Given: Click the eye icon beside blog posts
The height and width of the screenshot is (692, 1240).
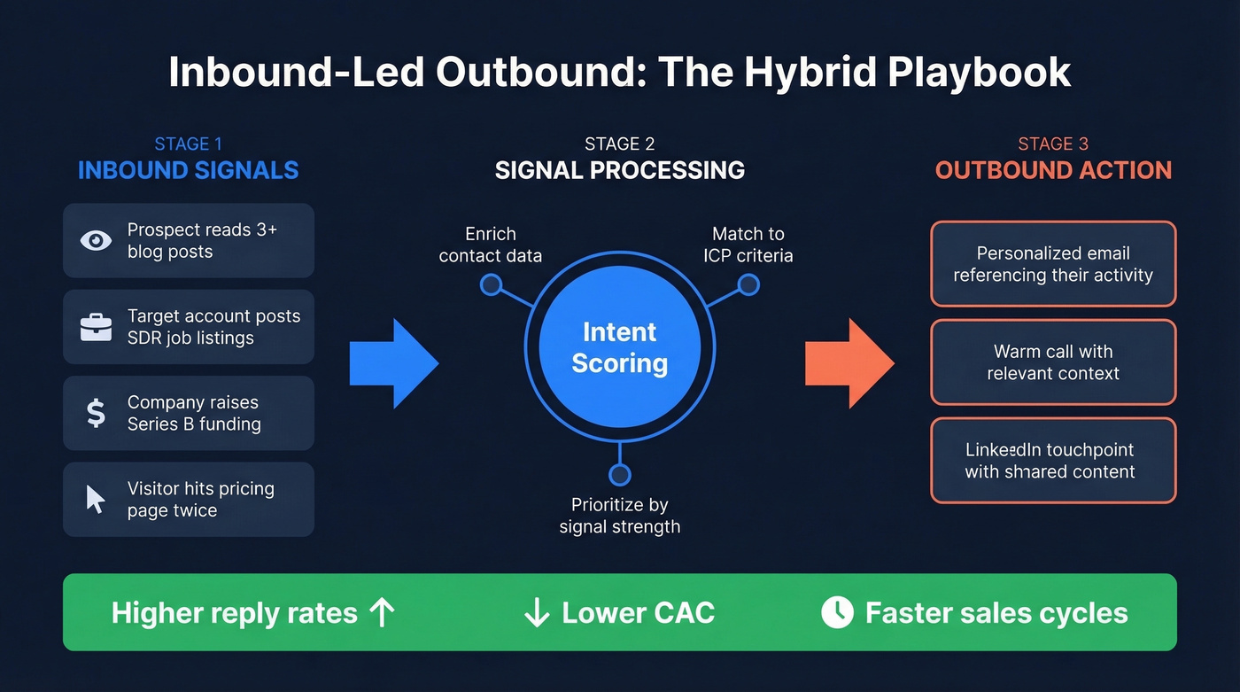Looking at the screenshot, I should pyautogui.click(x=96, y=240).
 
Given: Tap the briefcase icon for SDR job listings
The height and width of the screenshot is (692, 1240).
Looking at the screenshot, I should pyautogui.click(x=96, y=327).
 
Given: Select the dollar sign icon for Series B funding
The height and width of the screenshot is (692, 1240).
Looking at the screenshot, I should pyautogui.click(x=96, y=413).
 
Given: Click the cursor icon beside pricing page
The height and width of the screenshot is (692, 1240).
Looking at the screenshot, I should pyautogui.click(x=96, y=499).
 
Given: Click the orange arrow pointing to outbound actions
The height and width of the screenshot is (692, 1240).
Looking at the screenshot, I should pyautogui.click(x=849, y=363).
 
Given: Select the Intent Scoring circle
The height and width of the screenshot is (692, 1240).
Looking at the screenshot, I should pyautogui.click(x=619, y=347).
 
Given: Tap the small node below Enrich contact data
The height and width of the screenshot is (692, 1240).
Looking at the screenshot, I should pyautogui.click(x=491, y=284).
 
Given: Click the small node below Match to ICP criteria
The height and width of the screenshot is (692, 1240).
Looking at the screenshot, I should pyautogui.click(x=748, y=284).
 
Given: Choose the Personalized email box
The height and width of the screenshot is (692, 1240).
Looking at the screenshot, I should pyautogui.click(x=1053, y=264).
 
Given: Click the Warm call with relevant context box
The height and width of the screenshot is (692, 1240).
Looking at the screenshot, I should pyautogui.click(x=1053, y=362).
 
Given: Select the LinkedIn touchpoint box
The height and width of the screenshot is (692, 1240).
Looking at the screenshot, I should pyautogui.click(x=1053, y=461).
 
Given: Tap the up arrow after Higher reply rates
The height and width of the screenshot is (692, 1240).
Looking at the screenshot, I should pyautogui.click(x=382, y=612).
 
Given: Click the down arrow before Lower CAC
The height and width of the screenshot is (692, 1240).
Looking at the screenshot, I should pyautogui.click(x=537, y=612).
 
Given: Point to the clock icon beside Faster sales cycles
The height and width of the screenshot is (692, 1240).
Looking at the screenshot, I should pyautogui.click(x=837, y=612).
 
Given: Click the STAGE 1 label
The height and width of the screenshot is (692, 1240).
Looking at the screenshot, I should pyautogui.click(x=188, y=144).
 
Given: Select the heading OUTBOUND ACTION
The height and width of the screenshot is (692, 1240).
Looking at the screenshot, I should pyautogui.click(x=1053, y=170).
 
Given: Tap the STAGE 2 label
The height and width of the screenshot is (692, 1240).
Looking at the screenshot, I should pyautogui.click(x=619, y=144).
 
